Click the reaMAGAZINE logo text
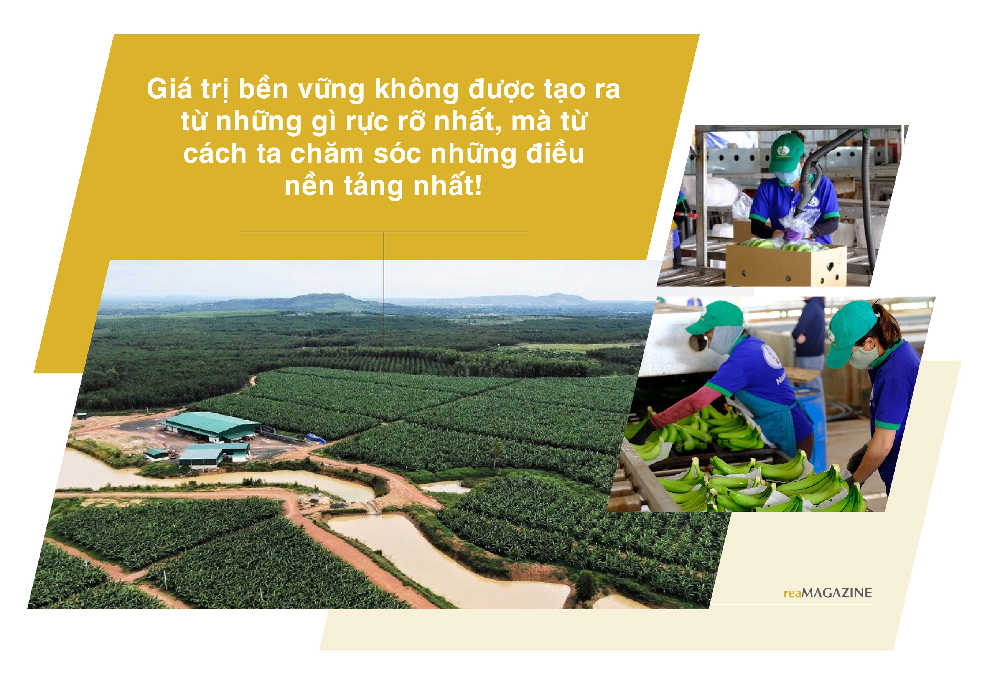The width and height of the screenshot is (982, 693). (827, 593)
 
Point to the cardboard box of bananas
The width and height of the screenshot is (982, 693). (785, 264)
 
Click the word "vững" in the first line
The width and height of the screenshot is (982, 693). (331, 91)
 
